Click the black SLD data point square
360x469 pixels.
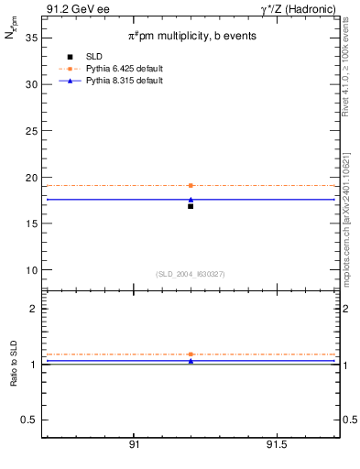[191, 206]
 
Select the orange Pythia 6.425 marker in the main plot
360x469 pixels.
[191, 185]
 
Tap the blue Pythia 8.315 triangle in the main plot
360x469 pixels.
[191, 199]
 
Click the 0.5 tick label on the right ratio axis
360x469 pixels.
[349, 420]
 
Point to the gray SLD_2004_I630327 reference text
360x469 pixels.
[191, 274]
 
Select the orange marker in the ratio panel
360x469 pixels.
[191, 354]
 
